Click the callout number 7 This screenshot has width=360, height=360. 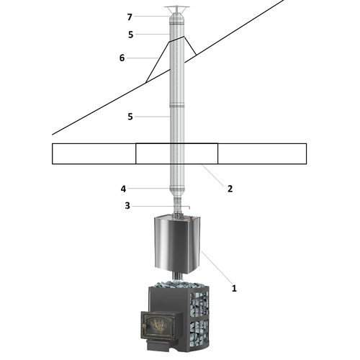(130, 17)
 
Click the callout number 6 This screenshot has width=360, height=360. (122, 58)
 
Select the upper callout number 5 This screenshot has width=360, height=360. (130, 35)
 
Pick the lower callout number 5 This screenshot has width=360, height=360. (130, 117)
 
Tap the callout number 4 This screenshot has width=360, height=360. (123, 189)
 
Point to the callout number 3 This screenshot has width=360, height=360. (127, 206)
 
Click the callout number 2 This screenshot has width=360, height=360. (230, 189)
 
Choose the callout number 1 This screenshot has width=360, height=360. (234, 288)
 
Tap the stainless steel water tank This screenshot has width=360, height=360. (177, 244)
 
